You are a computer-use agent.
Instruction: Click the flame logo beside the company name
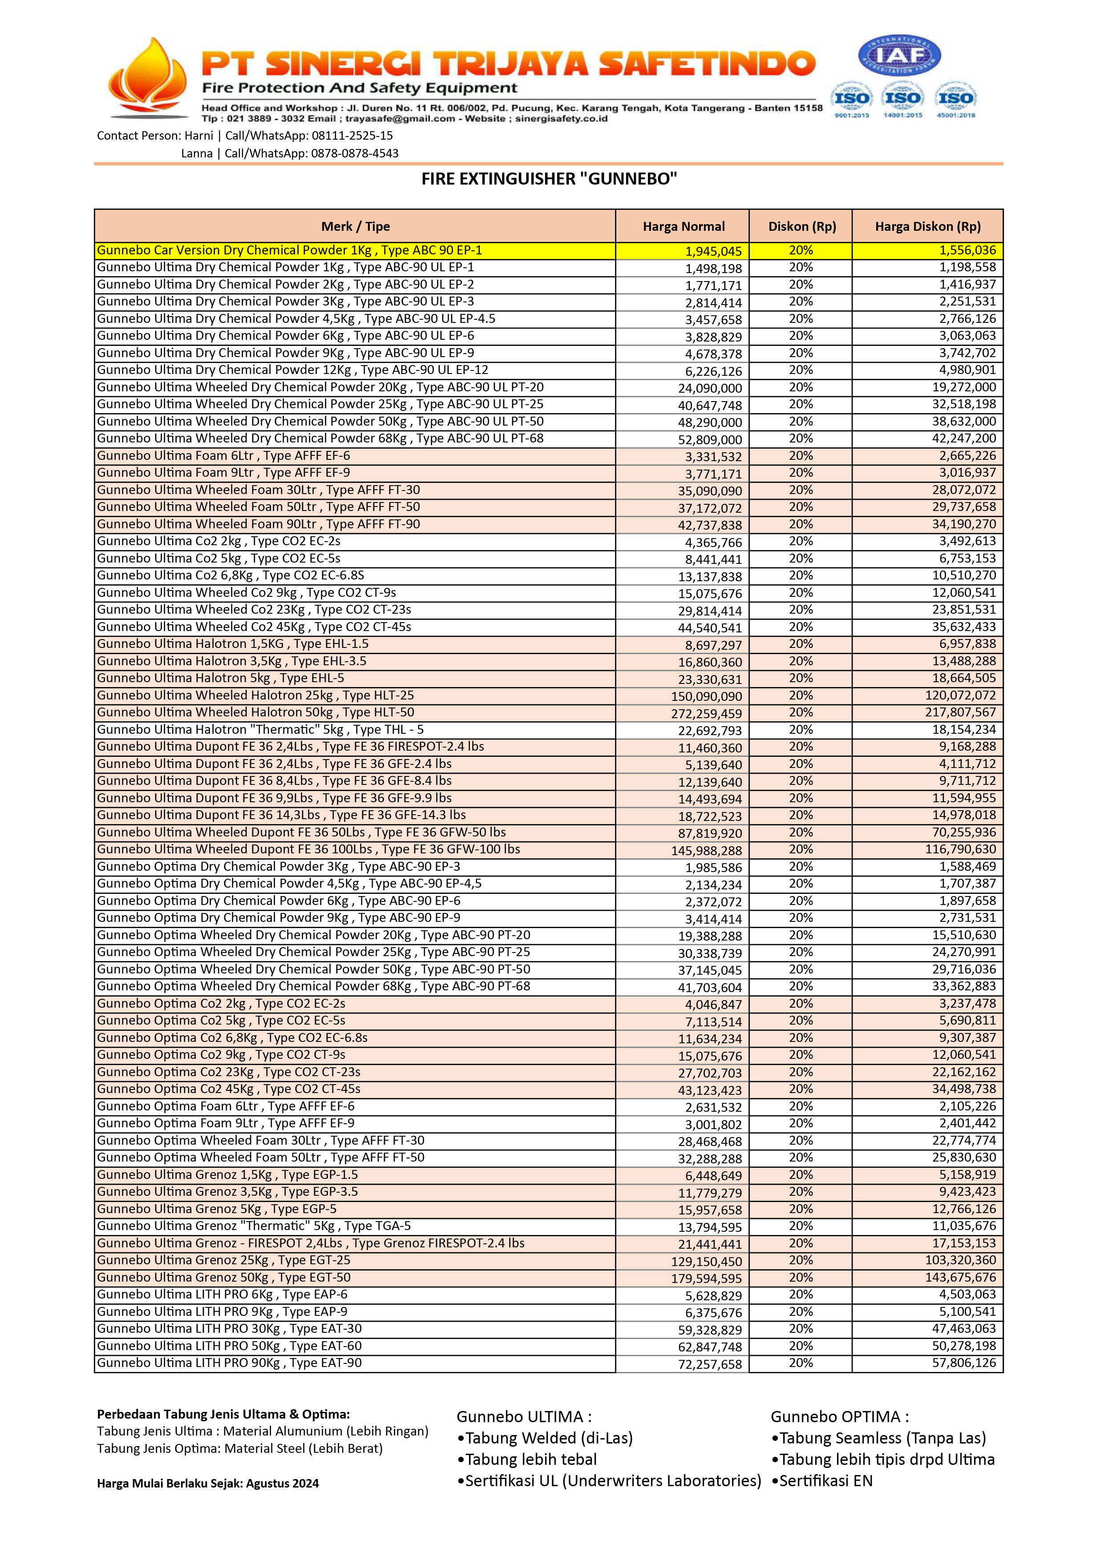click(148, 78)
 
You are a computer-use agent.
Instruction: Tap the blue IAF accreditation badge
click(899, 56)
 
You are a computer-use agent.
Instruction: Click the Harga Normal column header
click(683, 226)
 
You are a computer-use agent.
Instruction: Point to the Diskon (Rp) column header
click(801, 226)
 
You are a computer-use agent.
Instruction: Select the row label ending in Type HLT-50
click(255, 712)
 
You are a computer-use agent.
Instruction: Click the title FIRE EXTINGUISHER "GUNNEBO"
click(549, 179)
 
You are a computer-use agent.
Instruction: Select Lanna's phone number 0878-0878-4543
click(354, 153)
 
